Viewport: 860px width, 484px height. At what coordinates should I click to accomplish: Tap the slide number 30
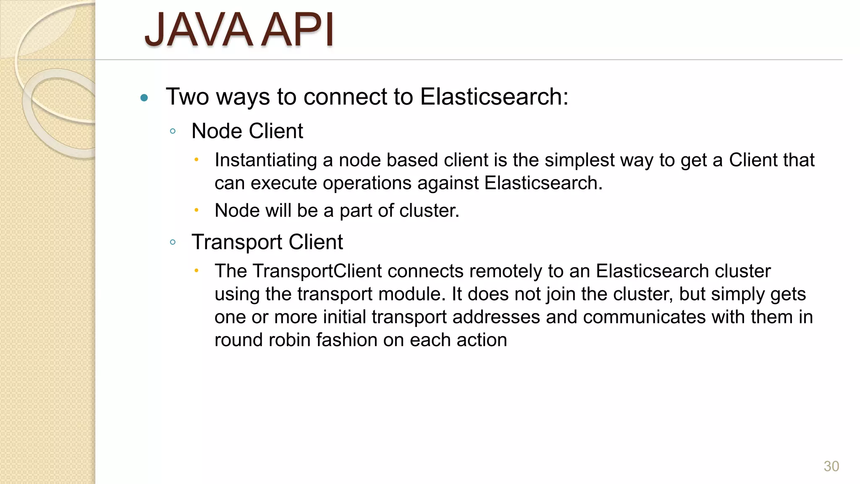point(831,466)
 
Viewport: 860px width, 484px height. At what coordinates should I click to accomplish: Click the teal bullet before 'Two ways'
point(144,98)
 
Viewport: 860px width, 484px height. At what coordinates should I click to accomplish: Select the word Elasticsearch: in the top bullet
point(494,97)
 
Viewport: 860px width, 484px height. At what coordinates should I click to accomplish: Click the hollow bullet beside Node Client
point(173,131)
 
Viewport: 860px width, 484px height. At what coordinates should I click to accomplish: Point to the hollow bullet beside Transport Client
point(173,242)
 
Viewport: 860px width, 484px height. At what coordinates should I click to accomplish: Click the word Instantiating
point(265,160)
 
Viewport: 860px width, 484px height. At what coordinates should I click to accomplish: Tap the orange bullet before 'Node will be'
point(196,210)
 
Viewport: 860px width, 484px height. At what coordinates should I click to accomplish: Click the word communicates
point(644,317)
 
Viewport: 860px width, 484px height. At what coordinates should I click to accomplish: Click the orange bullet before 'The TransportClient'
point(196,271)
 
